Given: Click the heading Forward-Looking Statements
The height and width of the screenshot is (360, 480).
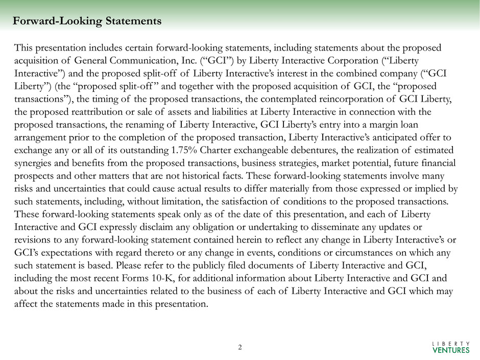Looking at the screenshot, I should (x=87, y=21).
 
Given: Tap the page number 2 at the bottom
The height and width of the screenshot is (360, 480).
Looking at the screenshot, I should (x=240, y=347).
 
